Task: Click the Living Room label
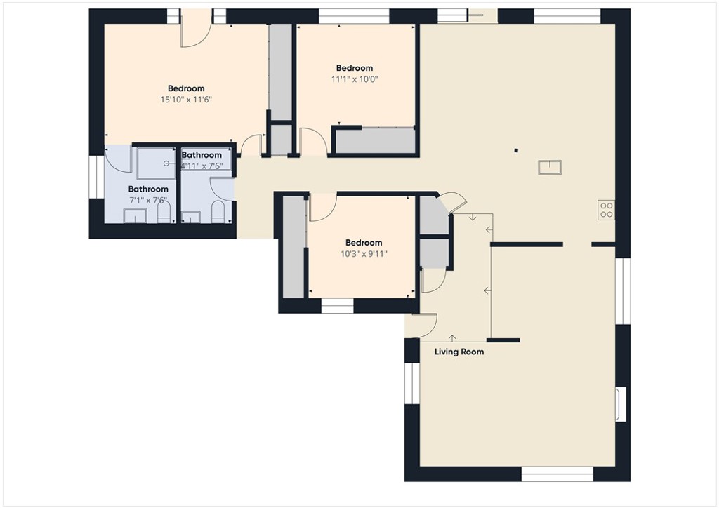pyautogui.click(x=459, y=352)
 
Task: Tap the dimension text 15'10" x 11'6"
pyautogui.click(x=186, y=100)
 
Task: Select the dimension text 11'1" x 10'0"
pyautogui.click(x=355, y=79)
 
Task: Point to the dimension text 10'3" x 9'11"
pyautogui.click(x=364, y=254)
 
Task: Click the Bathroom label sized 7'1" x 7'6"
pyautogui.click(x=148, y=189)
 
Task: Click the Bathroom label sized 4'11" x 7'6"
pyautogui.click(x=202, y=155)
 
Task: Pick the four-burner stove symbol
pyautogui.click(x=606, y=209)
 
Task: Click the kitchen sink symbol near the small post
pyautogui.click(x=550, y=167)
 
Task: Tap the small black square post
pyautogui.click(x=516, y=149)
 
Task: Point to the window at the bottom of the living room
pyautogui.click(x=558, y=474)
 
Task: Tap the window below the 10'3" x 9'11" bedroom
pyautogui.click(x=337, y=306)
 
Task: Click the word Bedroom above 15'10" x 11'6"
pyautogui.click(x=186, y=88)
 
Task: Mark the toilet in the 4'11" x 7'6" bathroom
pyautogui.click(x=218, y=211)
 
